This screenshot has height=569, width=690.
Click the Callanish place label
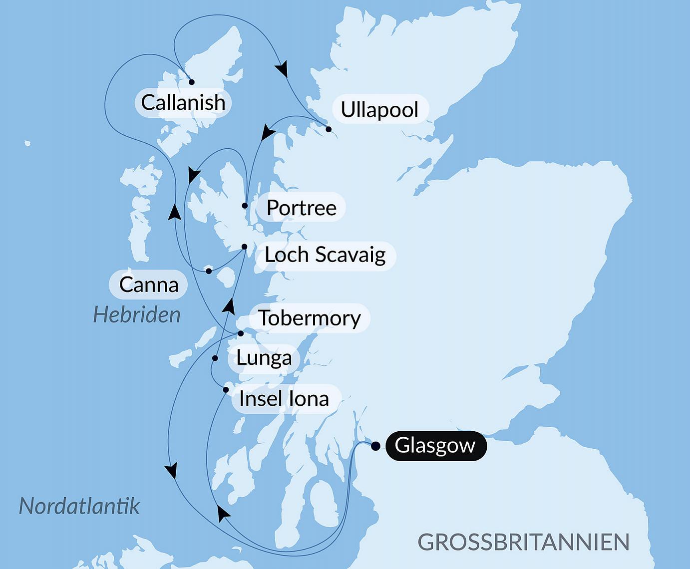click(183, 103)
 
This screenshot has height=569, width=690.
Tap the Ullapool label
click(379, 109)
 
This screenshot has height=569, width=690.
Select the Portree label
click(301, 208)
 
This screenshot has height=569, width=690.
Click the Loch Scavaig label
click(325, 255)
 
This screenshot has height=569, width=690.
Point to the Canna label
click(148, 284)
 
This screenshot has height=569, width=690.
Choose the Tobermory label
click(309, 318)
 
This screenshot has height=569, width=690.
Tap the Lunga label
click(264, 358)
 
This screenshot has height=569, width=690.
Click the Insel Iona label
click(284, 399)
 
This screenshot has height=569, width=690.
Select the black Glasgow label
click(435, 445)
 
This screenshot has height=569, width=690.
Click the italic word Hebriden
click(137, 315)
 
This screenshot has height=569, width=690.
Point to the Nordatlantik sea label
click(79, 506)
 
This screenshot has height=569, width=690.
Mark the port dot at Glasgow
click(375, 446)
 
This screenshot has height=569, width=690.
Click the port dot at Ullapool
click(329, 129)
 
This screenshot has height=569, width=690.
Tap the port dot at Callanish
click(191, 82)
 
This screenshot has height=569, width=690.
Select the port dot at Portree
click(245, 206)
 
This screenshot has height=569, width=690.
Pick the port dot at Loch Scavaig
click(244, 247)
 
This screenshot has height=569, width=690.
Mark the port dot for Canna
click(209, 271)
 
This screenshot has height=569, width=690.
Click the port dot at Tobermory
click(240, 333)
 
